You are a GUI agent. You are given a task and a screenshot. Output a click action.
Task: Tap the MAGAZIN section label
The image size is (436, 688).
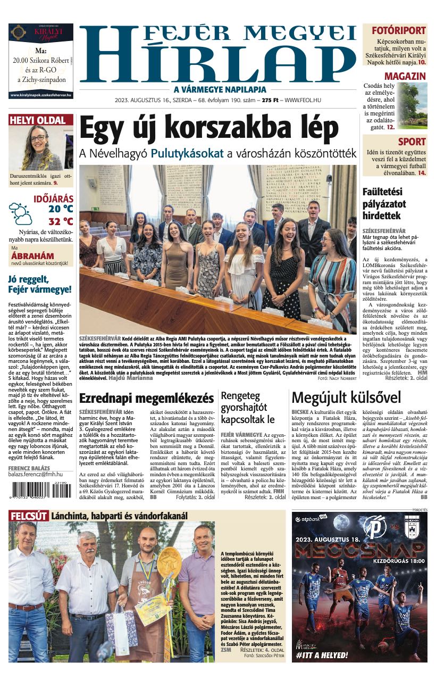point(405,76)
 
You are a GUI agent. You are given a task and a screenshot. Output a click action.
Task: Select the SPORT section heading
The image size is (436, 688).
point(412,142)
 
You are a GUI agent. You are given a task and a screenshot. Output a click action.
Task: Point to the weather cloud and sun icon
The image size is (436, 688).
point(20,213)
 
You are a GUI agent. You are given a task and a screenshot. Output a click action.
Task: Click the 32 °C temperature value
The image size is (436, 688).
point(61,222)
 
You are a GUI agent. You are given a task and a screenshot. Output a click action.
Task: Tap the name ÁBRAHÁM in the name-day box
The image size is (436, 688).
point(32,256)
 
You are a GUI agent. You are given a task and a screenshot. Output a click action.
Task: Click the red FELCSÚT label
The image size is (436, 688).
point(28,516)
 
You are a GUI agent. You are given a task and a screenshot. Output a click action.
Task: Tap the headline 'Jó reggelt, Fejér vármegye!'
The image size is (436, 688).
point(40,285)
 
